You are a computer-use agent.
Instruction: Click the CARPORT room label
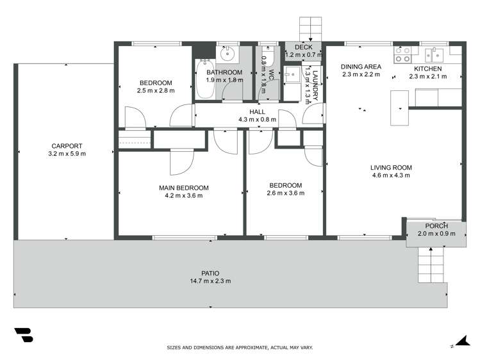(67, 145)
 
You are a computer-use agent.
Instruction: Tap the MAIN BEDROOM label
(184, 188)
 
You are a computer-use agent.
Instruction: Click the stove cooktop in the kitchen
(402, 55)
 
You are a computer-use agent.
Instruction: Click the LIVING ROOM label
(391, 168)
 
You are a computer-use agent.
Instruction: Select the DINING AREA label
(361, 67)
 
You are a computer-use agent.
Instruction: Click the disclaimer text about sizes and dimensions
(240, 347)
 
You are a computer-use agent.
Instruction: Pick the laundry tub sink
(292, 74)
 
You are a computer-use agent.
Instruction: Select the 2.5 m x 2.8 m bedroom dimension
(156, 91)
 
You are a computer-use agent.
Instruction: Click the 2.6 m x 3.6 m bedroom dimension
(285, 193)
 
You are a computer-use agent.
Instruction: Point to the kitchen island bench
(399, 108)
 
